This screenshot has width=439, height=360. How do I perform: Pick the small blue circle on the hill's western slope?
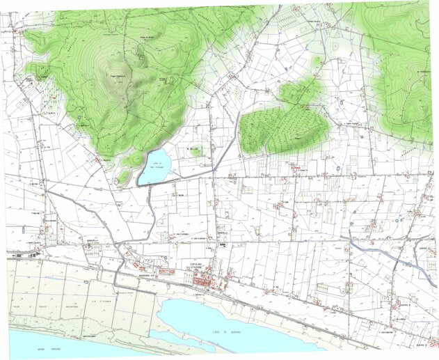click(x=79, y=117)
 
